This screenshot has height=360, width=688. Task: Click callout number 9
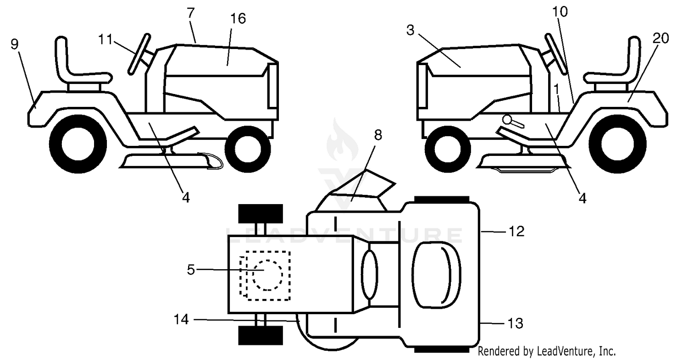coord(15,44)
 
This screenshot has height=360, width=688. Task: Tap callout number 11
coord(105,39)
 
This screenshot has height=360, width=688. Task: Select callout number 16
coord(238,19)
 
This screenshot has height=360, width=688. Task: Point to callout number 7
coord(191,13)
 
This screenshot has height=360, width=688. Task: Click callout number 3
coord(411,30)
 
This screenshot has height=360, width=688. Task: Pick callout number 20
coord(660,39)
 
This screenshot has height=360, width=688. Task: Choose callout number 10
coord(560,11)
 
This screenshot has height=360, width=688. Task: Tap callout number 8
coord(378,135)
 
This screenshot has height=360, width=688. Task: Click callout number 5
coord(191,270)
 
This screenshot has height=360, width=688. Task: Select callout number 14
coord(181,320)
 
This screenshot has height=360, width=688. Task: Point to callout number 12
coord(516,231)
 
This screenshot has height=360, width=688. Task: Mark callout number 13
coord(516,323)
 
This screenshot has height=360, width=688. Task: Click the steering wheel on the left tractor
coord(139,54)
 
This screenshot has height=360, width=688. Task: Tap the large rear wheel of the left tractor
coord(78,144)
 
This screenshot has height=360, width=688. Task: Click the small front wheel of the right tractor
coord(448,150)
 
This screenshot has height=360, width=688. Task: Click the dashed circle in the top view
coord(267,275)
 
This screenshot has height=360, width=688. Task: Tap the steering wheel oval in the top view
coord(369,275)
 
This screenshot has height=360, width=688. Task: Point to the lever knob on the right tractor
coord(507,119)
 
